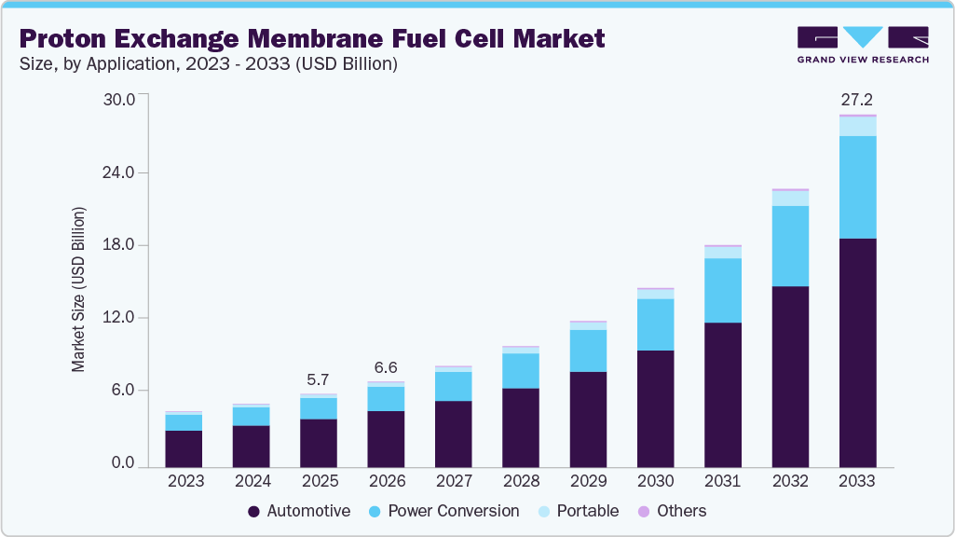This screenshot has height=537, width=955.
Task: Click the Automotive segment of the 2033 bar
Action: [857, 352]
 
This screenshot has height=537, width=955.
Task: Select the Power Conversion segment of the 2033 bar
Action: [857, 187]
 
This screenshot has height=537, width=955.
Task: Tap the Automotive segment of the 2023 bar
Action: [184, 448]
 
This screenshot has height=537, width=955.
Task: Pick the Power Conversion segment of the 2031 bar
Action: [723, 291]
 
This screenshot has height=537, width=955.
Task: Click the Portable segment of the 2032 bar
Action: [790, 199]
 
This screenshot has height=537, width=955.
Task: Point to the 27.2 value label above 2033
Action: [857, 99]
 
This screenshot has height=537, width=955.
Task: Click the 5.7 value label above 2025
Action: [319, 379]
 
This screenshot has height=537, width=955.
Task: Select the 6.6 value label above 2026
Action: [386, 367]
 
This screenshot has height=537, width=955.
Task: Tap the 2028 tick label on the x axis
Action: [521, 481]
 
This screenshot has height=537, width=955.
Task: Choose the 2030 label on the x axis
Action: [655, 481]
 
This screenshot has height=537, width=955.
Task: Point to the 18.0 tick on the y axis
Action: [118, 245]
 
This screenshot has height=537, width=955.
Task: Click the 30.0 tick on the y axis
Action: [118, 99]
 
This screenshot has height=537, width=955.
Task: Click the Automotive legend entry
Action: [299, 511]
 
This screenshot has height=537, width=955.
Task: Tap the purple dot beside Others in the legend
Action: [643, 511]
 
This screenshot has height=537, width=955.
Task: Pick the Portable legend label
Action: [588, 511]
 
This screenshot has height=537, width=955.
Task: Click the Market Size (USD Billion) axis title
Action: [79, 289]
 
